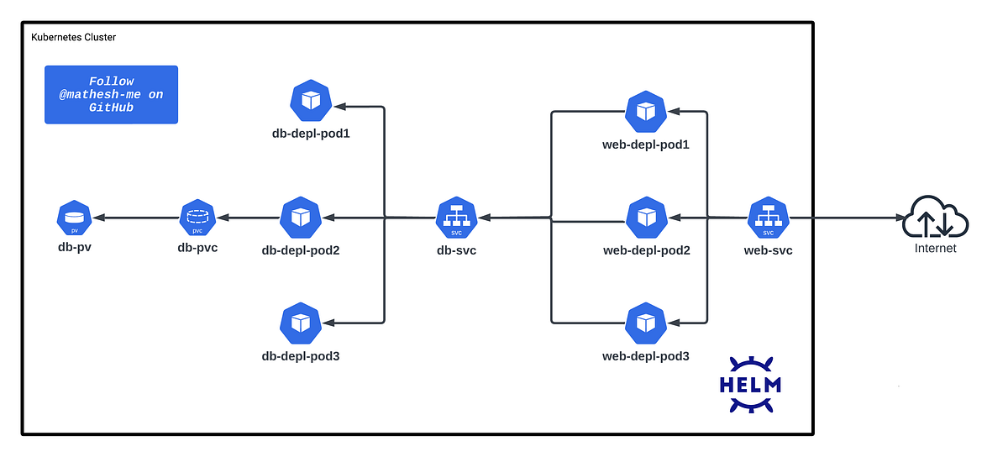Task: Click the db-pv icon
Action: (x=74, y=218)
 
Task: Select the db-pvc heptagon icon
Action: (x=198, y=218)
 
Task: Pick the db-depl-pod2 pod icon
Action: (x=299, y=218)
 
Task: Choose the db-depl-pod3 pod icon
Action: (x=299, y=323)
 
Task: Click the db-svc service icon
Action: (x=456, y=218)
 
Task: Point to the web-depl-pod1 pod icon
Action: (x=645, y=111)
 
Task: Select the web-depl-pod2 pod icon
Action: (x=645, y=218)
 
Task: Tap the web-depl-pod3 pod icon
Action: (x=645, y=323)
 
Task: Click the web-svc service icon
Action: (x=768, y=218)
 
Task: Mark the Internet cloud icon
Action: (x=935, y=218)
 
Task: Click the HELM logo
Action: (x=750, y=385)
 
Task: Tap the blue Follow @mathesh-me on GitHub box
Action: (x=111, y=95)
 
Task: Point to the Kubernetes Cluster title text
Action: (x=74, y=38)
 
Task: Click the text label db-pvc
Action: (x=198, y=248)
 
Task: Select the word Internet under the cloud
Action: (x=935, y=249)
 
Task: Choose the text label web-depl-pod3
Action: (x=645, y=356)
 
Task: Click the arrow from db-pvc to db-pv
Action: (x=134, y=218)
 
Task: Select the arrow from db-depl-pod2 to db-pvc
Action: (x=248, y=218)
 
